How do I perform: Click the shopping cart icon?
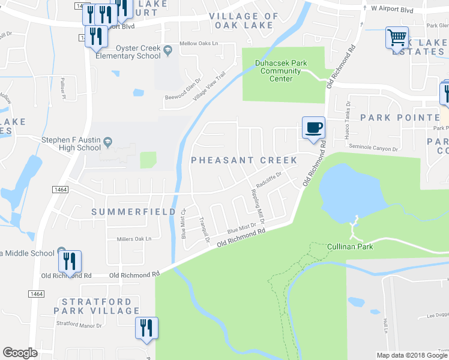[x=397, y=38]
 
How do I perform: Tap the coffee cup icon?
[x=313, y=128]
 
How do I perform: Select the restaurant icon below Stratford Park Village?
[x=146, y=328]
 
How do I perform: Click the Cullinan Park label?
[x=351, y=247]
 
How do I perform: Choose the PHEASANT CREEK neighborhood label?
[x=244, y=160]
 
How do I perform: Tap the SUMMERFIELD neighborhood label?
[x=134, y=212]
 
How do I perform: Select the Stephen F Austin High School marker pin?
[x=107, y=143]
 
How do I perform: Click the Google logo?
[x=20, y=353]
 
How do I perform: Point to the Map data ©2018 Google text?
[x=411, y=355]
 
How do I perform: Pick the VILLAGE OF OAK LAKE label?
[x=243, y=21]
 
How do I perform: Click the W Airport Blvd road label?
[x=394, y=9]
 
